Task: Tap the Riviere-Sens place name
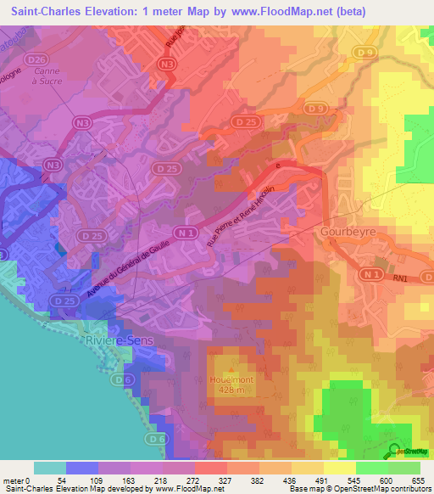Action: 120,340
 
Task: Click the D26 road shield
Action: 36,59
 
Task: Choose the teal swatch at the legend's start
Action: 49,468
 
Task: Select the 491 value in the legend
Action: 324,480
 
